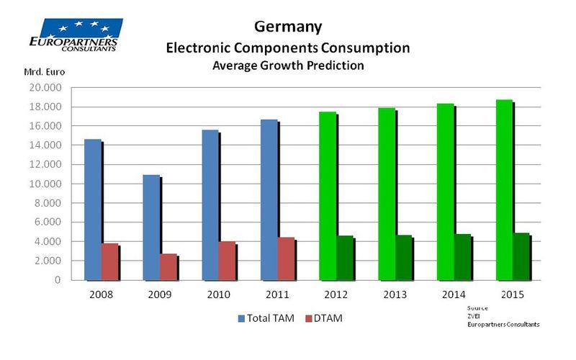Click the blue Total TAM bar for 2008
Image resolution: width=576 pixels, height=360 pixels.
[x=93, y=210]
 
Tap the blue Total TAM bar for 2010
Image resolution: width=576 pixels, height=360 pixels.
[x=210, y=204]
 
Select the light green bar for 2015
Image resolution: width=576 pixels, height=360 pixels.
[x=504, y=190]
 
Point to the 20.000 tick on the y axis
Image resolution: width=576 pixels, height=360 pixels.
[x=48, y=88]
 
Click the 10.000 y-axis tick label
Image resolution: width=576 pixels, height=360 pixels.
[x=48, y=184]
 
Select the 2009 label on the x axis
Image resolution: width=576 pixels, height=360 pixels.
[x=159, y=295]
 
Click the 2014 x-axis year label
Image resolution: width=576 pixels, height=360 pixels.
[x=454, y=295]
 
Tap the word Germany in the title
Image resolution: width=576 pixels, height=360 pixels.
[x=288, y=27]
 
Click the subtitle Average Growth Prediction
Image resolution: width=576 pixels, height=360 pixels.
[x=288, y=66]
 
